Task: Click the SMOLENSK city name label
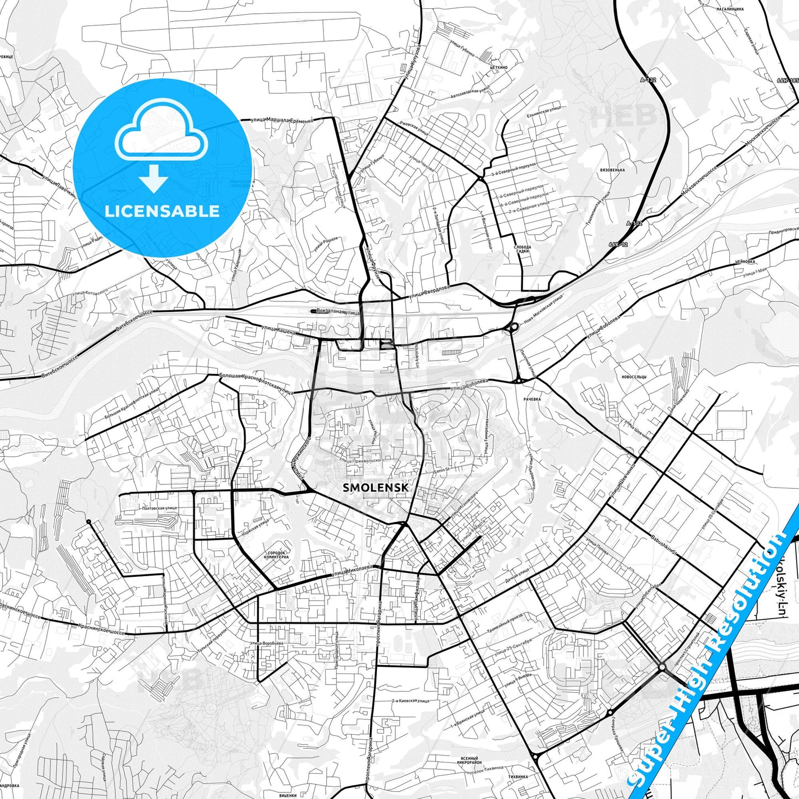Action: [x=376, y=488]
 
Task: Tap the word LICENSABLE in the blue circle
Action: [x=163, y=211]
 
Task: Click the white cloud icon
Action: [x=161, y=135]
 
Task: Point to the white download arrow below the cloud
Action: [x=154, y=178]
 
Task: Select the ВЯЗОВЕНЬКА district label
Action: [x=612, y=170]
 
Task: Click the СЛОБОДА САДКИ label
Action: [x=523, y=249]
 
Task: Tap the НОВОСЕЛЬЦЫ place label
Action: [x=634, y=377]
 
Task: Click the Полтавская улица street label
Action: [x=159, y=508]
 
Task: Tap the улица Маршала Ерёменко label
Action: [x=282, y=119]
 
